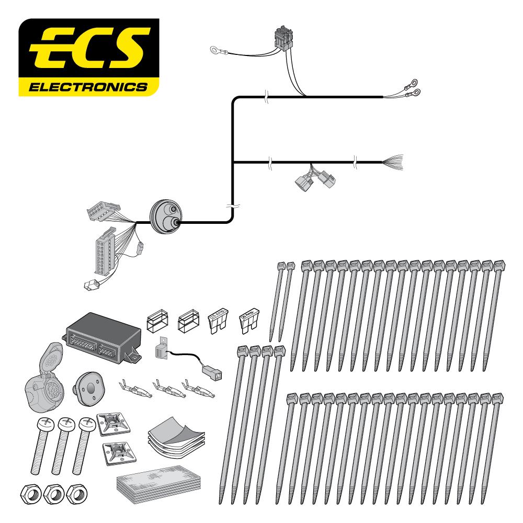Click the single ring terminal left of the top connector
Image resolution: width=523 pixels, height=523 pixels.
point(215,50)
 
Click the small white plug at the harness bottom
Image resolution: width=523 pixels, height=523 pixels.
point(90,285)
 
